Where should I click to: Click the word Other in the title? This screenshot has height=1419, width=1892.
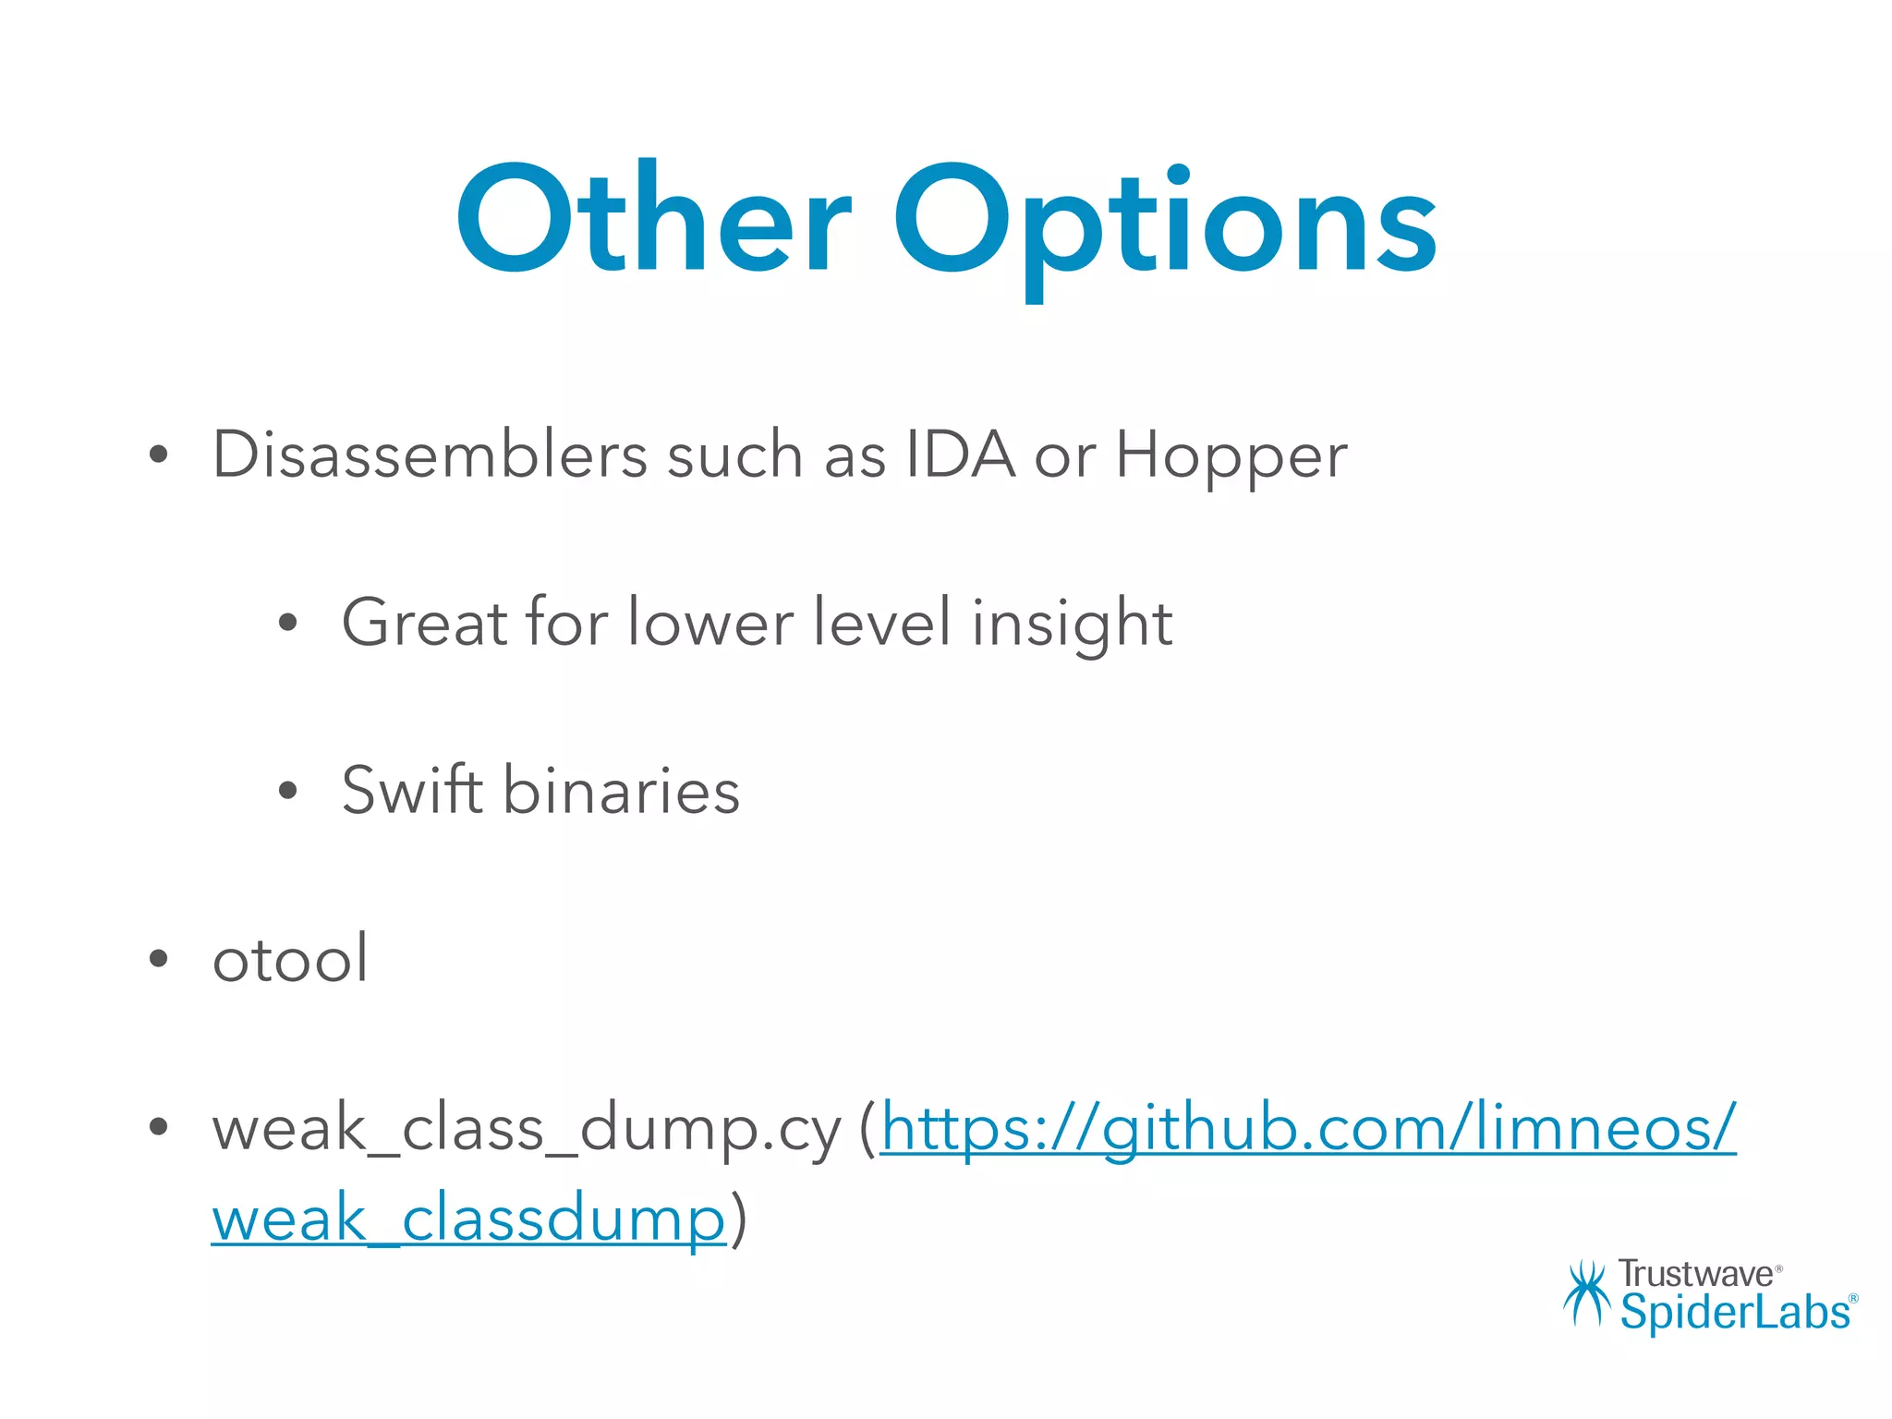(652, 220)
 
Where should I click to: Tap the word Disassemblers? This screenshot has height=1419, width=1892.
(431, 455)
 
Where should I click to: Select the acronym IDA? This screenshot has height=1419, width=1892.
(960, 455)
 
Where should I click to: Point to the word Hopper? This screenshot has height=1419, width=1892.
(1231, 456)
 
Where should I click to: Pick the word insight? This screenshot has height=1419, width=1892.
(1072, 624)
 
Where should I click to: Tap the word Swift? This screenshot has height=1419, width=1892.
(412, 790)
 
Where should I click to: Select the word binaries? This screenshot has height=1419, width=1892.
(621, 791)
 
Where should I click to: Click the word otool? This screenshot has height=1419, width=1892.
(290, 958)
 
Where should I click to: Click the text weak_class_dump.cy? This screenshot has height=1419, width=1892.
(527, 1129)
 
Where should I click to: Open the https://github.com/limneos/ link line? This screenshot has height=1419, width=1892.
(1308, 1129)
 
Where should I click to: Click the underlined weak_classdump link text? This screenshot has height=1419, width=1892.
(468, 1219)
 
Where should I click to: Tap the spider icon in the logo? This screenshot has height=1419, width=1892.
(1586, 1293)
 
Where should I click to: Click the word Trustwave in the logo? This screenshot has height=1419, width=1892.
(1695, 1274)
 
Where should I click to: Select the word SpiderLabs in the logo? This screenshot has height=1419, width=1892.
(1735, 1312)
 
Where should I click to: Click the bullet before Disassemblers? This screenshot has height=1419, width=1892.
(159, 455)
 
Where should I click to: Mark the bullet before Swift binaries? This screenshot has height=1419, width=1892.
(288, 790)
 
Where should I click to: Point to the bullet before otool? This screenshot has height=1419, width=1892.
(159, 958)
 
